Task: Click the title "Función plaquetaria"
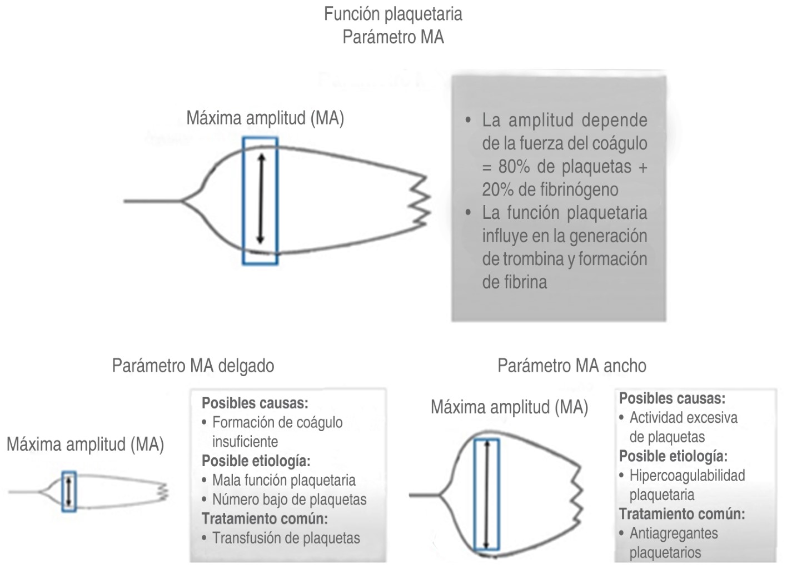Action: [393, 14]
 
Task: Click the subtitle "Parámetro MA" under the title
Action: [393, 37]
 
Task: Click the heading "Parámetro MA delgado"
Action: [193, 366]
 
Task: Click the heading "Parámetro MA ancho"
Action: [572, 366]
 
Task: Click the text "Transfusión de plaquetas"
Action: [286, 538]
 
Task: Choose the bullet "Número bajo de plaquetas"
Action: [289, 499]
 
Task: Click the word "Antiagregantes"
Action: [674, 533]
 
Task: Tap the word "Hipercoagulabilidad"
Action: [687, 476]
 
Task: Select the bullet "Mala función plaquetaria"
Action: [283, 480]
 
